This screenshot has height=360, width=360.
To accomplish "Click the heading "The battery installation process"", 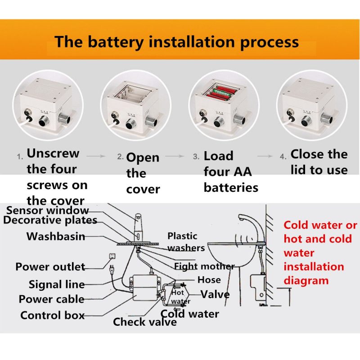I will coord(176,42).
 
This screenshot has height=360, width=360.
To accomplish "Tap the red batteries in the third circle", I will coord(224,93).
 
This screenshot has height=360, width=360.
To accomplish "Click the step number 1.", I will coord(20,157).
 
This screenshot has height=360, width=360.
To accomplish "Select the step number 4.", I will coord(283,157).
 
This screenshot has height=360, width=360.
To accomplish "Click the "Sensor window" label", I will coord(48,210).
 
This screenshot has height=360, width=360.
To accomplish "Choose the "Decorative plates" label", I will coord(50,220).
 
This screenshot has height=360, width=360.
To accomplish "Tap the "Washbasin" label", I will coord(55,236).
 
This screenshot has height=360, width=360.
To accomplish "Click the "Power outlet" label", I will coord(50,266).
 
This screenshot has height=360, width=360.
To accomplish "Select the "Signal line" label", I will coord(56,284).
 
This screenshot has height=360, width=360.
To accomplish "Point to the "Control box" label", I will coord(52,315).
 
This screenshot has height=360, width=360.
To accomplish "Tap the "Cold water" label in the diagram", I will coord(190,314).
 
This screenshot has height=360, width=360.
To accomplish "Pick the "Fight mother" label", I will coord(204,266).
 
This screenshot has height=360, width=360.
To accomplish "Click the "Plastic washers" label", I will coord(185,242).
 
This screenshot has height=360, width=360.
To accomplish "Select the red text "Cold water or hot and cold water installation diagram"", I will coord(320,252).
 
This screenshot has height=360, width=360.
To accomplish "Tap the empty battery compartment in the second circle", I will coord(132,94).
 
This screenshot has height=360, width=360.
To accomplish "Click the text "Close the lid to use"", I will coord(319,162).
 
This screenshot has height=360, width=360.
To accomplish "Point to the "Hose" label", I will coord(209,280).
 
